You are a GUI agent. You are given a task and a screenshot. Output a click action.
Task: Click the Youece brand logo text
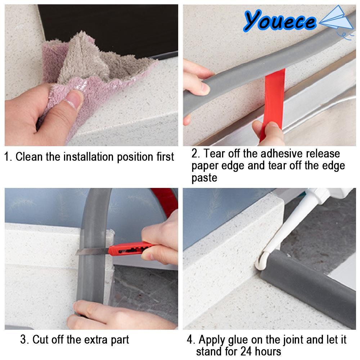[x=279, y=21]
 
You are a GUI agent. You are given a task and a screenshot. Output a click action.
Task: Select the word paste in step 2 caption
[x=204, y=178]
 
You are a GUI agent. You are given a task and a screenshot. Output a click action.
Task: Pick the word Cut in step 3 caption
[x=40, y=339]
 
